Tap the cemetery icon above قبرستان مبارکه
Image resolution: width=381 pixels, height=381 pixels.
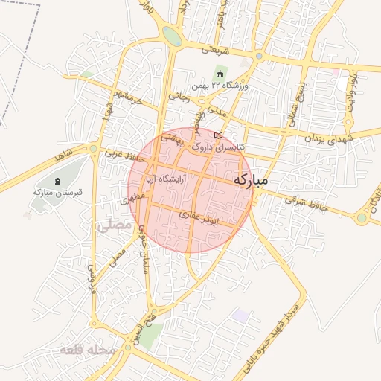coord(57,181)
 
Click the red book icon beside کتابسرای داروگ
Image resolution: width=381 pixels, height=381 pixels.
coord(217,135)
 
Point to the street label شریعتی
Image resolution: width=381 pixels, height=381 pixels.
coord(215,51)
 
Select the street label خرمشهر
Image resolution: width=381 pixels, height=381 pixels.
coord(128,96)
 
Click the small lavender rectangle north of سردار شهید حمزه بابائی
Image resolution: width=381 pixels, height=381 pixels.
coord(240,316)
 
